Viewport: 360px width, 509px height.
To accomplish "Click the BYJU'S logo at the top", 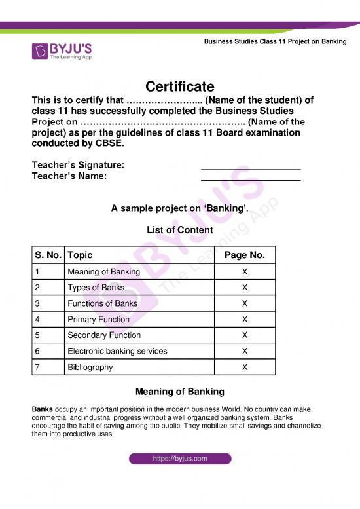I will pos(62,50).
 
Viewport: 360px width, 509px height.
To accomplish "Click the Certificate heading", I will pos(179,86).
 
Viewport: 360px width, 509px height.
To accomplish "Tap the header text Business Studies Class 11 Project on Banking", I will pos(275,41).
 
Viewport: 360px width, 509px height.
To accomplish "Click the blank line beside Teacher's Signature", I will pos(250,169).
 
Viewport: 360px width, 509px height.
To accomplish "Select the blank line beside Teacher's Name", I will pos(250,180).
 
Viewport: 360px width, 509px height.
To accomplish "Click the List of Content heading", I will pos(179,230).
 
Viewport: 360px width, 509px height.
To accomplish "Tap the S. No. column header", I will pos(48,255).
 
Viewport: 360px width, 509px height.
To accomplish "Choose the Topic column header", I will pos(80,255).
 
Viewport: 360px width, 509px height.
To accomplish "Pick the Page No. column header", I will pos(244,255).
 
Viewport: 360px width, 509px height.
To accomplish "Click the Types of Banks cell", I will pos(96,288).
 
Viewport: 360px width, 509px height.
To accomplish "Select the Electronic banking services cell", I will pos(117,351).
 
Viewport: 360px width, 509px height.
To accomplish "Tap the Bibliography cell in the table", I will pos(90,368).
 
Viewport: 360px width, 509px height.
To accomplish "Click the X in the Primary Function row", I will pos(244,320).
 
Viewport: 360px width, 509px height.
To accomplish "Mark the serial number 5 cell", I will pos(39,335).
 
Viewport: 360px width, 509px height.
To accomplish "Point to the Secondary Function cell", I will pos(104,335).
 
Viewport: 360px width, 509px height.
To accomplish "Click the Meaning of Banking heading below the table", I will pos(179,392).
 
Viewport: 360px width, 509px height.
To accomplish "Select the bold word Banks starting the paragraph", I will pos(43,409).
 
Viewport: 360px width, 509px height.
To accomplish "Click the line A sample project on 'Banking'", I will pos(179,209).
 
